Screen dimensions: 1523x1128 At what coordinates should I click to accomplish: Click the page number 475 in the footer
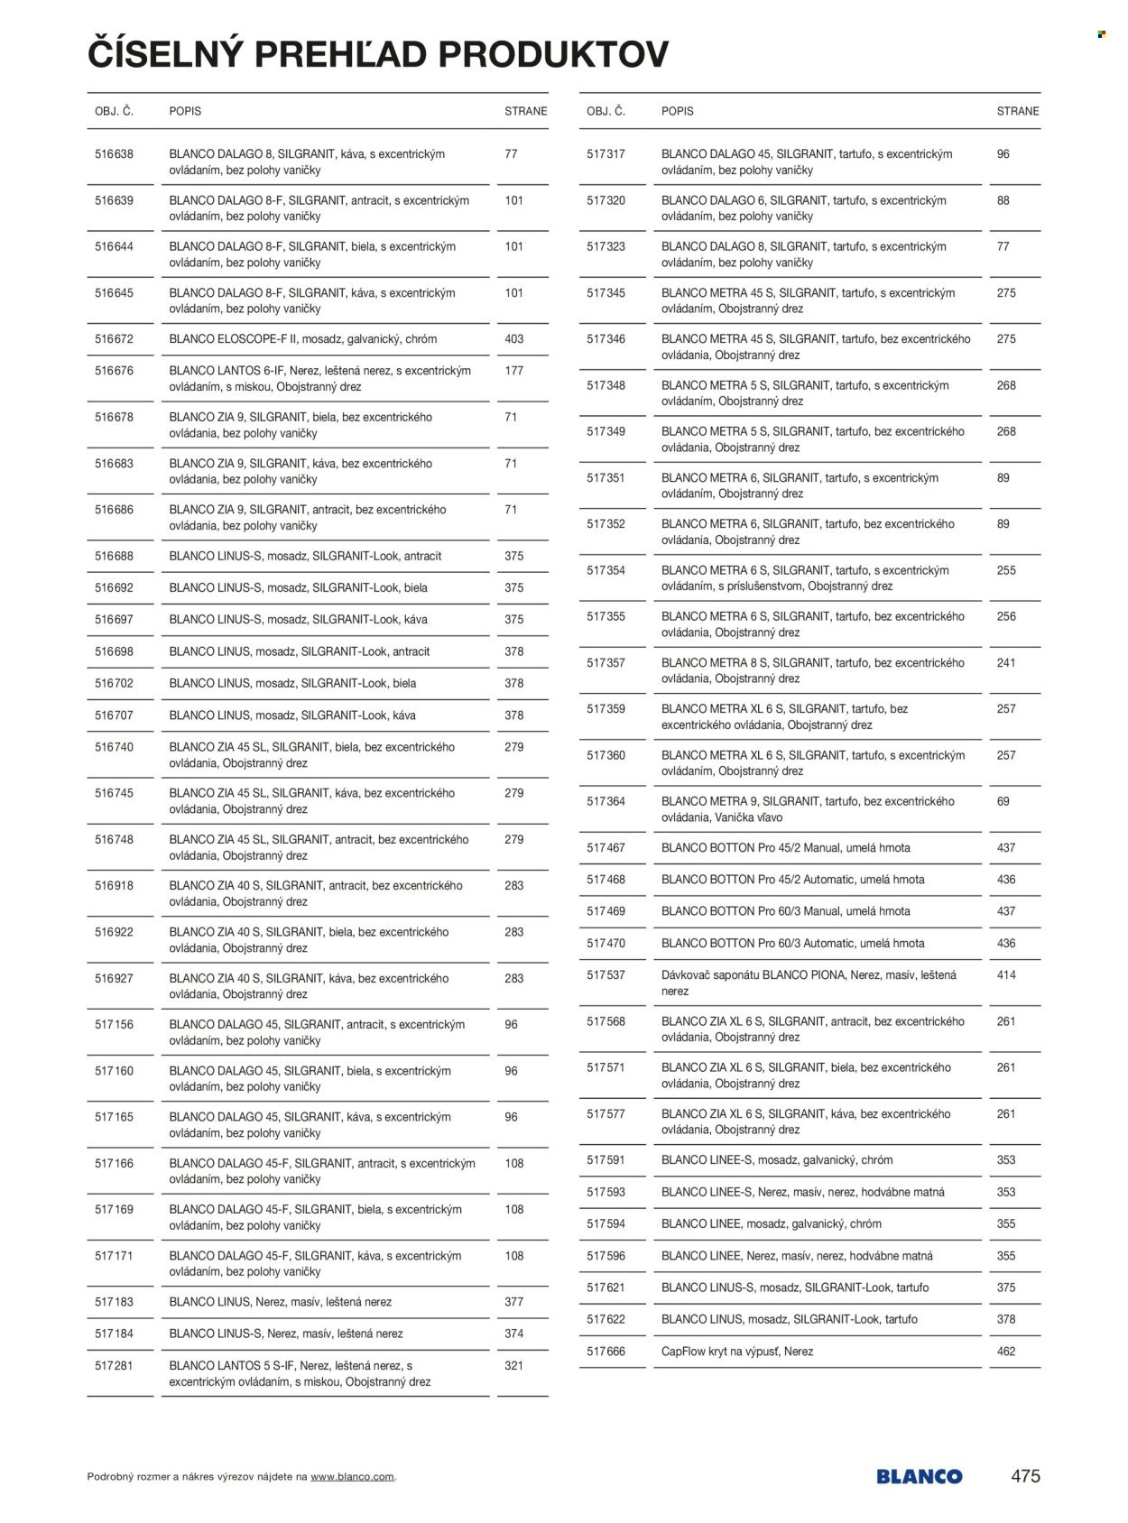(x=1025, y=1476)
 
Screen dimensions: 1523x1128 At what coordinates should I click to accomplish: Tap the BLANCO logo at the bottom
(x=919, y=1477)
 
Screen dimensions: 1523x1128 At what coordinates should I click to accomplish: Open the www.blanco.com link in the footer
(x=352, y=1477)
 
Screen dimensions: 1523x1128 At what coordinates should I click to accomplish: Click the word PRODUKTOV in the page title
(x=553, y=55)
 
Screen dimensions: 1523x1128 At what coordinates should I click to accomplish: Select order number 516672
(x=114, y=339)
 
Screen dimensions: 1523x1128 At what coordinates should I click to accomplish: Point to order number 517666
(x=606, y=1352)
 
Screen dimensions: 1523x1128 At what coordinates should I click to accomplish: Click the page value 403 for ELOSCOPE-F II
(x=513, y=339)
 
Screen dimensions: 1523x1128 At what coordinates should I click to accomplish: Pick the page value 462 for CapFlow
(x=1006, y=1352)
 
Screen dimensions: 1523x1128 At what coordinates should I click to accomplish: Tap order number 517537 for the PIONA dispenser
(x=606, y=975)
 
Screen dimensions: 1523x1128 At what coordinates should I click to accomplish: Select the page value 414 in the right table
(x=1006, y=975)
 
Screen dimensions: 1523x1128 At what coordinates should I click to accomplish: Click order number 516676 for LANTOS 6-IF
(x=114, y=371)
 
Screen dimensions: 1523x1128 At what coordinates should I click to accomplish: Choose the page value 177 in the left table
(x=513, y=371)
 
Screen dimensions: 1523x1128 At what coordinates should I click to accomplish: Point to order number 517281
(x=114, y=1366)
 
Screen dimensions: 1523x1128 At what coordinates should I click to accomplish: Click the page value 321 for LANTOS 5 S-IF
(x=513, y=1366)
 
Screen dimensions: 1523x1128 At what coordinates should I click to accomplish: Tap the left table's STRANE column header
(x=525, y=111)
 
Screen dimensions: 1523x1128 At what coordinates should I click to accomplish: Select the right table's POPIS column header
(x=677, y=111)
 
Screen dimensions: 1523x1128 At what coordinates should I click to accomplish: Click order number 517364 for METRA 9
(x=606, y=801)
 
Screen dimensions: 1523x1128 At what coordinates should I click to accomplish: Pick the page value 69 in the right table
(x=1003, y=801)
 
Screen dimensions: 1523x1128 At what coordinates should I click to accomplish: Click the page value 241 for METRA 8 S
(x=1006, y=663)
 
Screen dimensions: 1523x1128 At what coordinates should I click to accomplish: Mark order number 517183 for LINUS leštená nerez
(x=114, y=1302)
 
